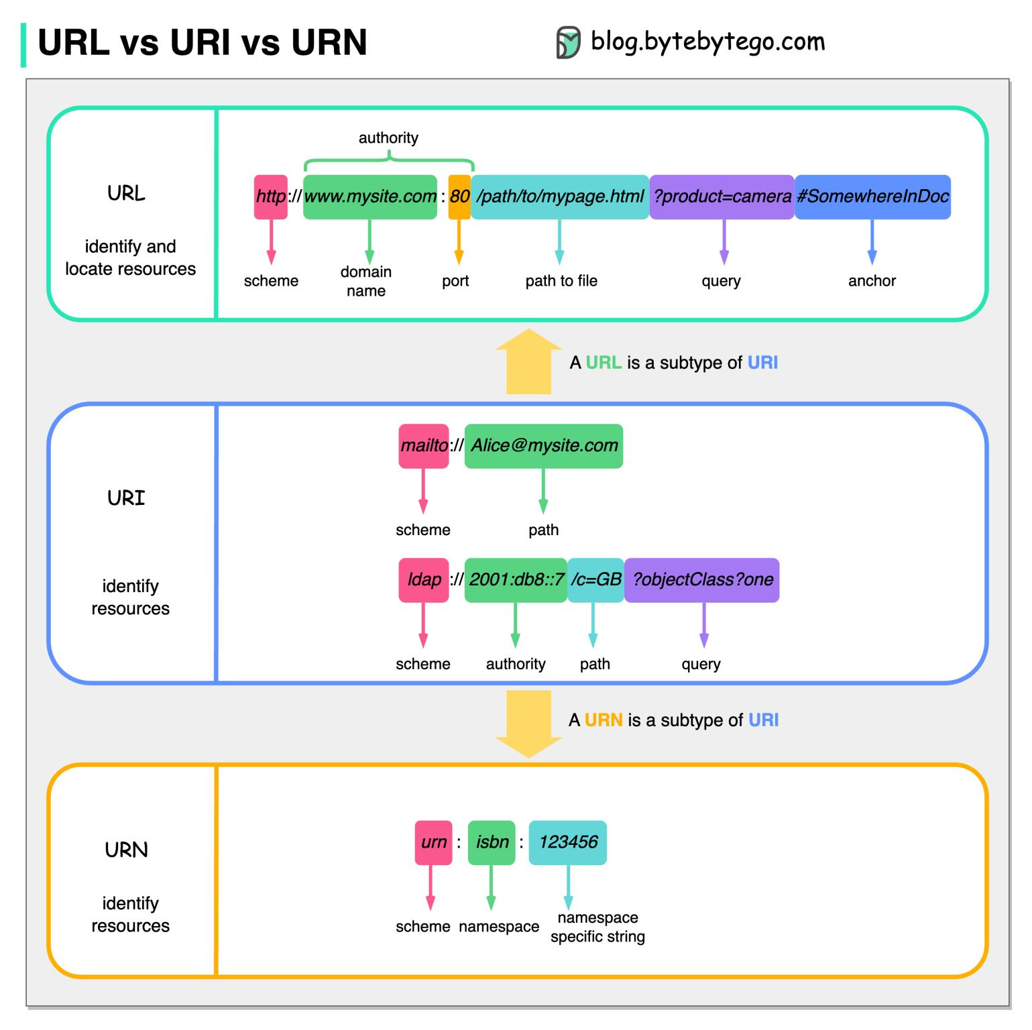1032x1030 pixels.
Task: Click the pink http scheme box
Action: click(x=270, y=196)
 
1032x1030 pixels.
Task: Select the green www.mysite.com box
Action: click(x=369, y=196)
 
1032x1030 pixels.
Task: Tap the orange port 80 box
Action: click(x=459, y=196)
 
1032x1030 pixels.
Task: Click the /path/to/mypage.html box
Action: click(x=559, y=196)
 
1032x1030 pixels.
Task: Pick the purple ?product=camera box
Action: click(x=722, y=196)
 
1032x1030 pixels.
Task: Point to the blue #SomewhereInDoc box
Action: click(x=872, y=196)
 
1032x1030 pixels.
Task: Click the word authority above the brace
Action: click(x=388, y=138)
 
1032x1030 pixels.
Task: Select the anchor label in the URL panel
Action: click(x=871, y=281)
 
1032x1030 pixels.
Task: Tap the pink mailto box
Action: click(x=423, y=445)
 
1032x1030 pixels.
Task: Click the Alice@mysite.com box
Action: click(x=543, y=445)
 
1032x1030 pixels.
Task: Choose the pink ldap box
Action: click(x=423, y=579)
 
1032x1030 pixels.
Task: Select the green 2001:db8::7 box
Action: click(x=515, y=579)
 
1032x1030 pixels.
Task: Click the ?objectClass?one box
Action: click(x=701, y=579)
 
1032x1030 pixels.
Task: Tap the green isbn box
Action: click(x=492, y=842)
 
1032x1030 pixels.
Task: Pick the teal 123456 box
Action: click(x=567, y=842)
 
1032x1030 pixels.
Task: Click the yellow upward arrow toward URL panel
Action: click(x=528, y=362)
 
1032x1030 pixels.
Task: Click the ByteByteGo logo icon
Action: click(x=568, y=43)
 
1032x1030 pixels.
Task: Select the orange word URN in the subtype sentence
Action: click(x=603, y=720)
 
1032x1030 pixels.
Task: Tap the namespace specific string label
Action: click(x=597, y=927)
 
